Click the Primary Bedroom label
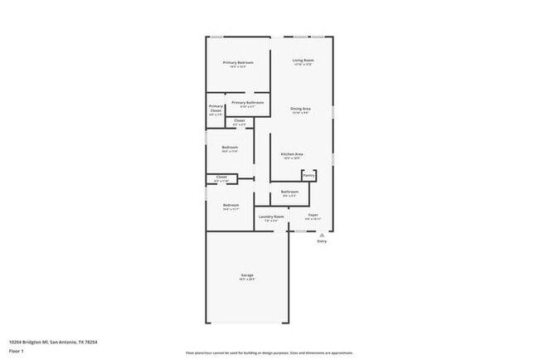[237, 63]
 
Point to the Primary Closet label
[216, 109]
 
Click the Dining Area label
[300, 109]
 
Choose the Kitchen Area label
[291, 154]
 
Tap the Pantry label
[308, 175]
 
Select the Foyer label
[313, 215]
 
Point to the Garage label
[247, 275]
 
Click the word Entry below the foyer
[321, 241]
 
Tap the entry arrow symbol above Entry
[321, 234]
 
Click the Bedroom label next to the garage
[231, 205]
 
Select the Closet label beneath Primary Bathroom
[239, 121]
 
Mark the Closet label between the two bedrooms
[221, 177]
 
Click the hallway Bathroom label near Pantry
[289, 192]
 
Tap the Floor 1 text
[17, 351]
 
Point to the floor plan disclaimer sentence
[269, 352]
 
